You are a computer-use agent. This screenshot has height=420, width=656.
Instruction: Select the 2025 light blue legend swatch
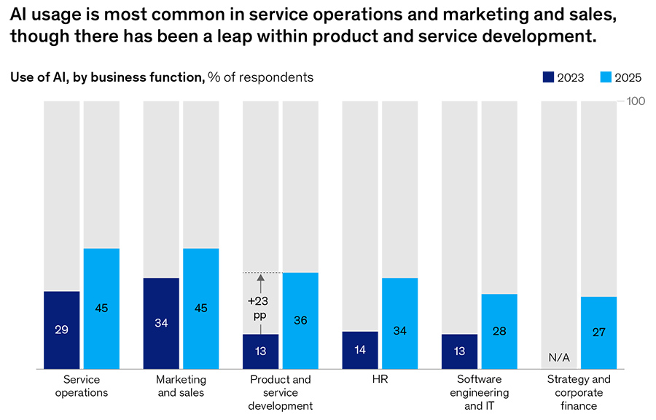[x=605, y=77]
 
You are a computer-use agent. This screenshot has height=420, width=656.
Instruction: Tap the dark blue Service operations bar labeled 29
[x=61, y=330]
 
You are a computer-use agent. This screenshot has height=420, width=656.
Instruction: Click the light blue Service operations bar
[x=101, y=308]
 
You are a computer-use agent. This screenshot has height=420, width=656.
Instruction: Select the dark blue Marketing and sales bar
[x=161, y=323]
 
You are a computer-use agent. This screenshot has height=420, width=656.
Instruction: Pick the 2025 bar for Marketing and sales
[x=201, y=308]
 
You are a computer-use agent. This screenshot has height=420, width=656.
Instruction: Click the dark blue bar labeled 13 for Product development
[x=260, y=351]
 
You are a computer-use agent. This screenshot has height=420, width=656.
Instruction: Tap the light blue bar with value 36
[x=300, y=320]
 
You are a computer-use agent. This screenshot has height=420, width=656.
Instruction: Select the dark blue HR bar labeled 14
[x=360, y=350]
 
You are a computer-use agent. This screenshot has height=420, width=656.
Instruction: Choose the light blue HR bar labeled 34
[x=399, y=323]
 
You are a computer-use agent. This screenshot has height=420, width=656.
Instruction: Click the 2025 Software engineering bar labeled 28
[x=499, y=331]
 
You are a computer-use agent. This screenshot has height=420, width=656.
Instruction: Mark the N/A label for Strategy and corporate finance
[x=559, y=357]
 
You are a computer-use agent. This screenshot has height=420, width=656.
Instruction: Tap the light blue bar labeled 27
[x=598, y=332]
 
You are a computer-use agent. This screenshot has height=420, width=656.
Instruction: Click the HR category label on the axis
[x=380, y=380]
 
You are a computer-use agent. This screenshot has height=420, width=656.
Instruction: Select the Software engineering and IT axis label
[x=480, y=392]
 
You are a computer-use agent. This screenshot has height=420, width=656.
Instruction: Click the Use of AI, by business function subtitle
[x=107, y=77]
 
